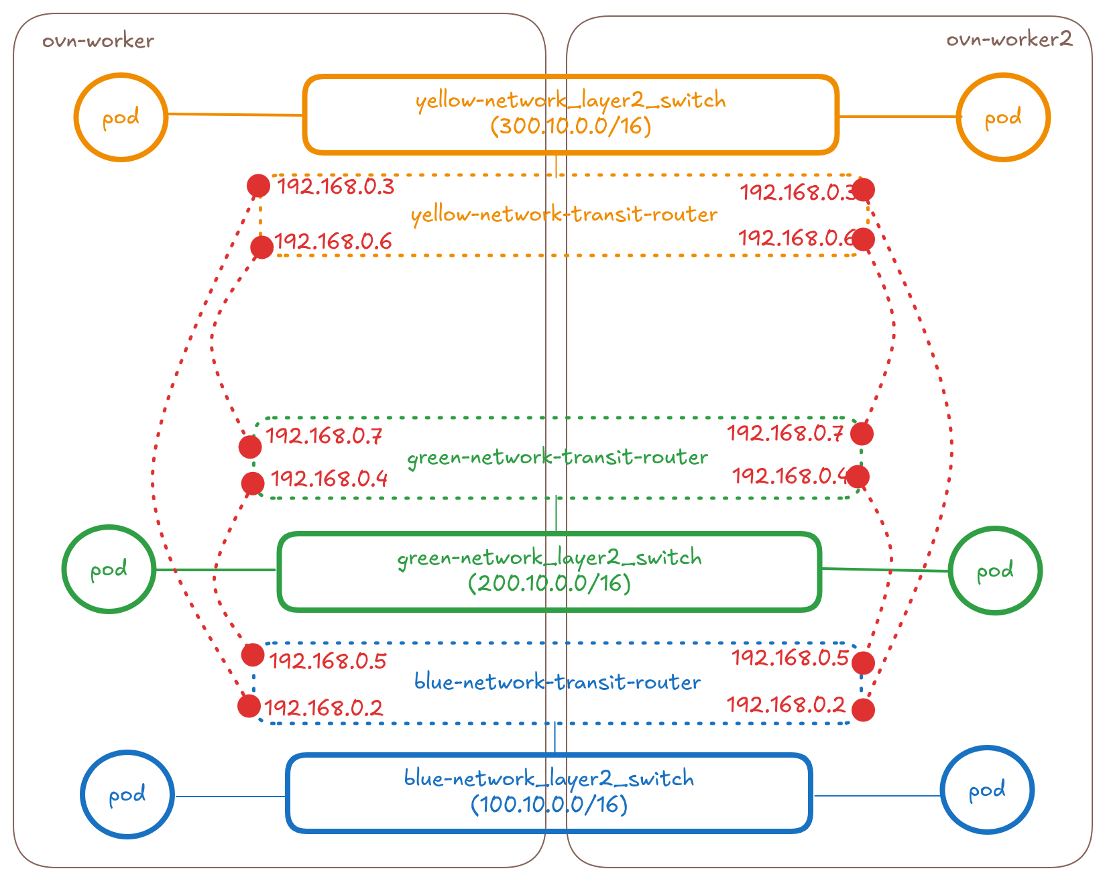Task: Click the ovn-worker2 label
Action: (x=1008, y=40)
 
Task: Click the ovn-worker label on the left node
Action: (x=99, y=41)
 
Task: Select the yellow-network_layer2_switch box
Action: (x=571, y=114)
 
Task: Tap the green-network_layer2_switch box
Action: (x=550, y=571)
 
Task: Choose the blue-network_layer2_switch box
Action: (x=549, y=792)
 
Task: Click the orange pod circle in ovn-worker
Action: (x=121, y=117)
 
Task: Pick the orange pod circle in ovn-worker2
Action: (x=1002, y=117)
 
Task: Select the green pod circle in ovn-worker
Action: (x=109, y=569)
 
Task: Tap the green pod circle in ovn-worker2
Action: (x=995, y=571)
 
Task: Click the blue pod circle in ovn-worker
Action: (x=127, y=795)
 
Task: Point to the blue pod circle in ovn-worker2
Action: (x=987, y=790)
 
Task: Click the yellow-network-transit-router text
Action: (x=564, y=215)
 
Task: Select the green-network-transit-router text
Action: (x=557, y=457)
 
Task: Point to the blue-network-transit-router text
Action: (x=557, y=682)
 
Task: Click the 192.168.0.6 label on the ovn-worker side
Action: (x=333, y=241)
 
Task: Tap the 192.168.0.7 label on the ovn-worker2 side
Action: (x=785, y=433)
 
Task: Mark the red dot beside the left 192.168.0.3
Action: (x=258, y=186)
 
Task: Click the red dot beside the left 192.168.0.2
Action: (x=249, y=706)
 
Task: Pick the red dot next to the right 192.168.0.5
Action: (x=863, y=662)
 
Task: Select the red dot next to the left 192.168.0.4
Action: (x=252, y=483)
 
